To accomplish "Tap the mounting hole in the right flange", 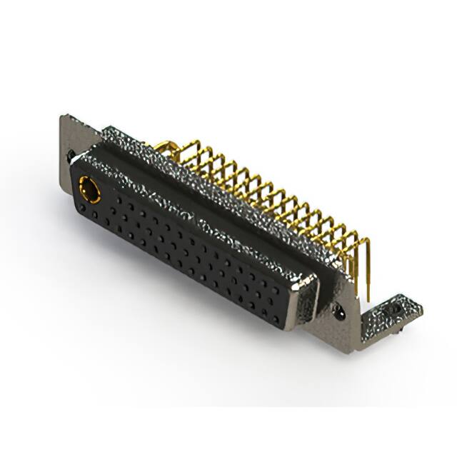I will point(337,311).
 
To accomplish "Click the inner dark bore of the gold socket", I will point(89,189).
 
